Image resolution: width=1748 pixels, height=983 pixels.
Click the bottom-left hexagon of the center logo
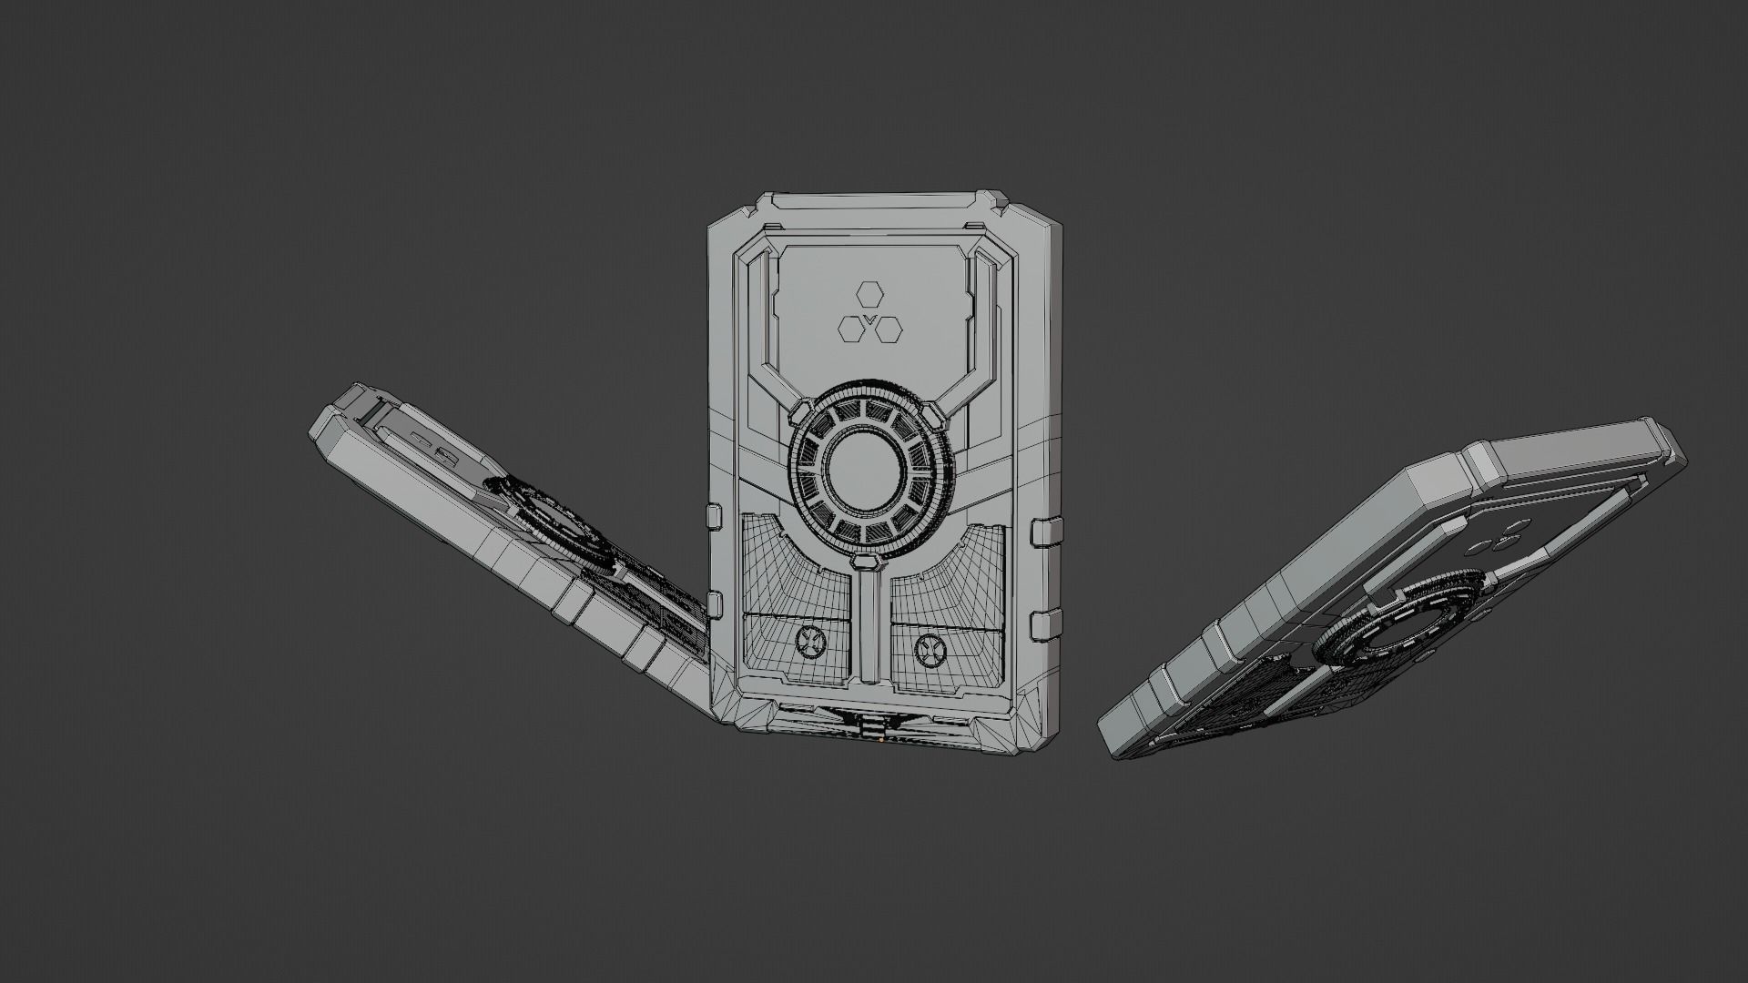(x=850, y=328)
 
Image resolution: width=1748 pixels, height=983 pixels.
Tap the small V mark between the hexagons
(x=869, y=319)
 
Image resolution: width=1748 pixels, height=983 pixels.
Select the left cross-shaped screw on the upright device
(x=808, y=641)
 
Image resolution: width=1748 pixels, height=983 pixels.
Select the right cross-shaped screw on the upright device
(x=930, y=648)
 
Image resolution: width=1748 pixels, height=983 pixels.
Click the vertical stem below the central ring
(x=871, y=628)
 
